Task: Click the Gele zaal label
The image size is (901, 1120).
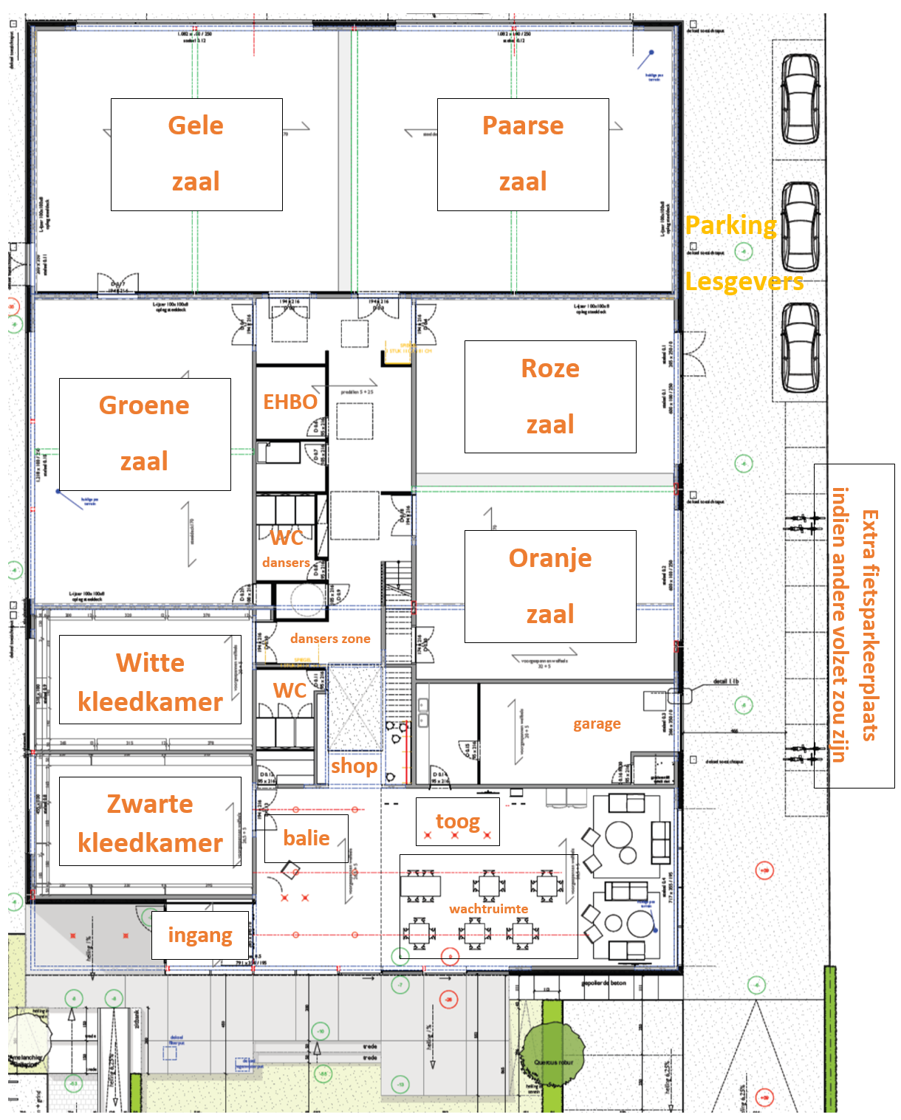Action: click(196, 154)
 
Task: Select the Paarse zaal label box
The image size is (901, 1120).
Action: click(523, 154)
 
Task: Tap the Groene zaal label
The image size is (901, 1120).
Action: click(145, 434)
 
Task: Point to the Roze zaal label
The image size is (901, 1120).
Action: click(550, 396)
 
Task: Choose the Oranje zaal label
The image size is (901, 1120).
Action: click(550, 586)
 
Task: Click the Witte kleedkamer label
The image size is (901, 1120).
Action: click(150, 680)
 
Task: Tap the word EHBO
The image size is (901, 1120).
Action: click(290, 402)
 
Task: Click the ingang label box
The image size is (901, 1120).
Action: click(200, 935)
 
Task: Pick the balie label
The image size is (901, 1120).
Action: click(306, 838)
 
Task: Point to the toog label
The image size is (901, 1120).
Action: click(458, 821)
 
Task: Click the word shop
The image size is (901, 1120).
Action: click(354, 766)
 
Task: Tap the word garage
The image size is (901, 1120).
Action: click(597, 724)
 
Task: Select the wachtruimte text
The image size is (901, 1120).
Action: click(488, 909)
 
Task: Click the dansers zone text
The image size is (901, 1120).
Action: click(330, 639)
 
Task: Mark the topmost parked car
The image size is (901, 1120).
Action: click(801, 98)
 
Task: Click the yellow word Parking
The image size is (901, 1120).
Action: click(730, 225)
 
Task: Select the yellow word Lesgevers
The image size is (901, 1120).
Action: click(744, 281)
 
